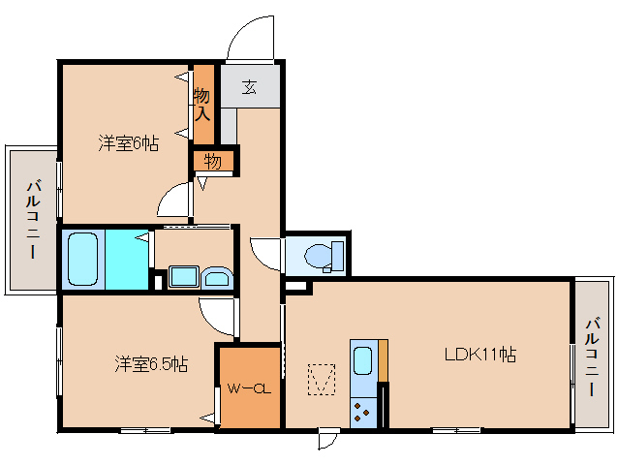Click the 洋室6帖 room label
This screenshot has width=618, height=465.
(x=128, y=143)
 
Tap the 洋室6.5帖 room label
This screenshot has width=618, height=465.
(x=151, y=364)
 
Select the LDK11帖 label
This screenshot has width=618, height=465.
(x=479, y=355)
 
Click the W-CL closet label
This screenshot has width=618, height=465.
(x=248, y=388)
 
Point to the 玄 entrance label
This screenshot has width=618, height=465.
(x=250, y=88)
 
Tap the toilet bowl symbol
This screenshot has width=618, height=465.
(x=317, y=256)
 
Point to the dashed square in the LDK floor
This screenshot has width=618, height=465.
(x=321, y=379)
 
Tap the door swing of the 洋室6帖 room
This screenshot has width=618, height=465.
(x=175, y=201)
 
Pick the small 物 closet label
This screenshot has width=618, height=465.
(x=213, y=161)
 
